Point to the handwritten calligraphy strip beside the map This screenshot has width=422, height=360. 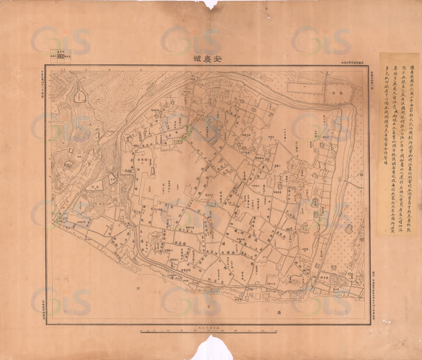(398, 143)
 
